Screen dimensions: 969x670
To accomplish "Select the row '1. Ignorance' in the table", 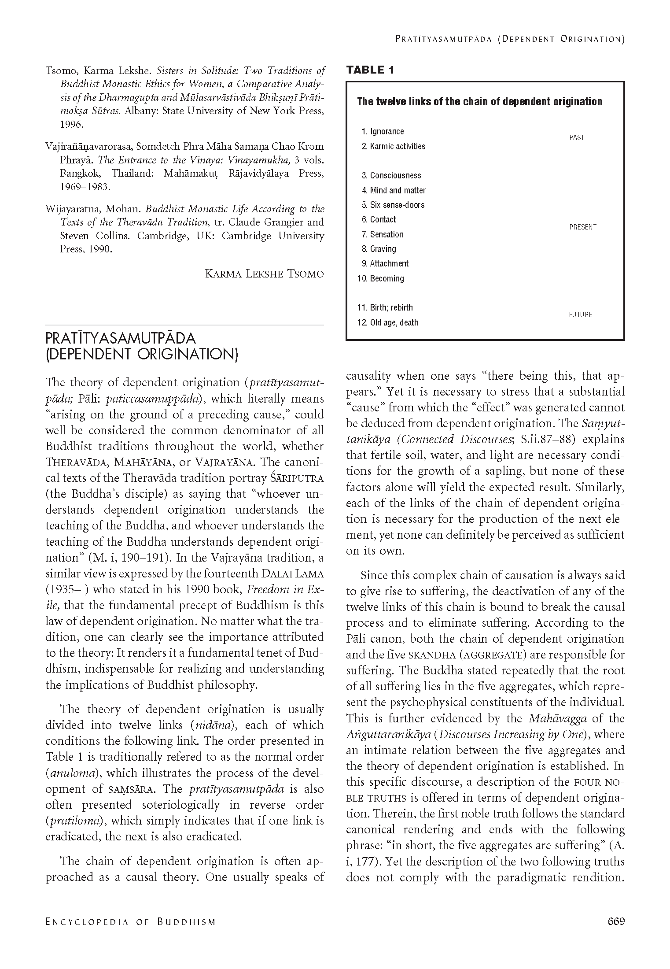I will tap(382, 131).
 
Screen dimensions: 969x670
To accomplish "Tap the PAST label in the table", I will tap(576, 138).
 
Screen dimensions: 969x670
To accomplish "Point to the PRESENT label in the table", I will tap(582, 227).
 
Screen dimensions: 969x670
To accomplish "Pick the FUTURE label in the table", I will tap(580, 315).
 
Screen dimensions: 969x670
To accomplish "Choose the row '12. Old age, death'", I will tap(387, 322).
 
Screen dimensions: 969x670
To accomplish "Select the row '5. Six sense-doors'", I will tap(393, 205).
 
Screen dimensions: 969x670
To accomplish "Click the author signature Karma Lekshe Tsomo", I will tap(264, 274).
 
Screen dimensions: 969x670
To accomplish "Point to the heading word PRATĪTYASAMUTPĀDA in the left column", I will tap(121, 338).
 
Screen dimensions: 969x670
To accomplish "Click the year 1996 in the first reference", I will tap(71, 125).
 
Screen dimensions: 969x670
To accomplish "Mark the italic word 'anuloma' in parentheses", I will tap(71, 773).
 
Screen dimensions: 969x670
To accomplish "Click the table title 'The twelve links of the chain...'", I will tap(479, 102).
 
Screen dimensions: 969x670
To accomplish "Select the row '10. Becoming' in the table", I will tap(380, 278).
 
